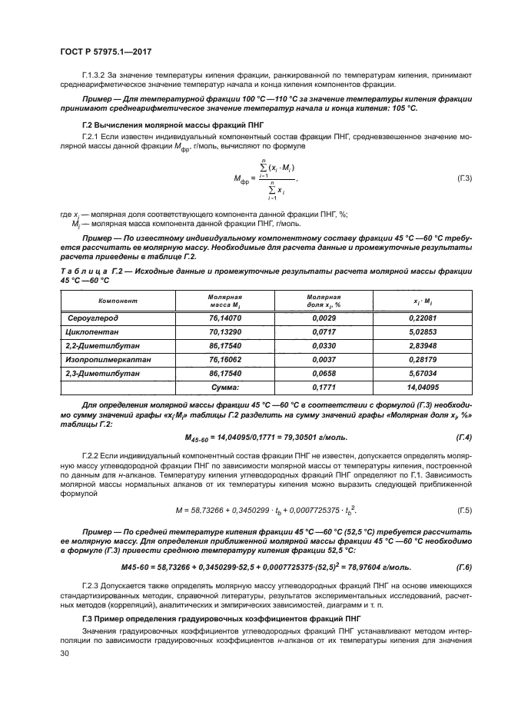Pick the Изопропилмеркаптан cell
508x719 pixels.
pos(102,359)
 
